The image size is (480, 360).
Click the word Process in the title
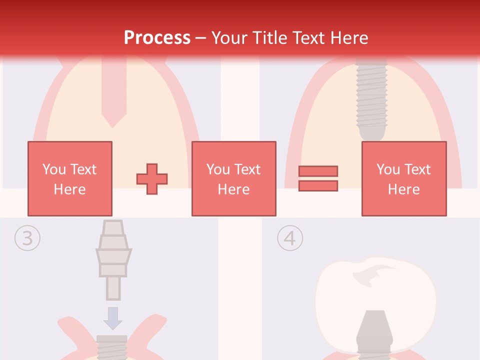tap(157, 37)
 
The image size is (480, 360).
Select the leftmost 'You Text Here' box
tap(69, 178)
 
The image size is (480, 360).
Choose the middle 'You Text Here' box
tap(233, 178)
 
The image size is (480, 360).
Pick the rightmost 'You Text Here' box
tap(403, 178)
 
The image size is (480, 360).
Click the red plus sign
tap(152, 178)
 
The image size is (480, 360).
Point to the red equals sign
tap(318, 178)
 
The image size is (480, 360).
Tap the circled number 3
tap(26, 238)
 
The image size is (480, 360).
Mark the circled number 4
tap(290, 238)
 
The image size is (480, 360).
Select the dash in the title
tap(201, 37)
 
